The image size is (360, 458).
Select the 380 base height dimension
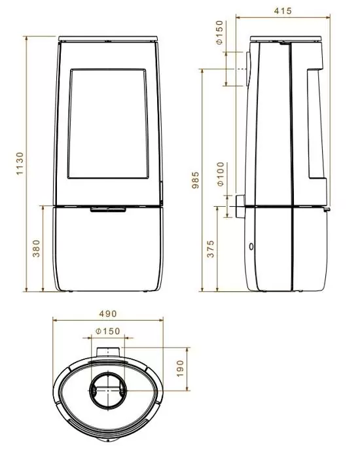click(36, 249)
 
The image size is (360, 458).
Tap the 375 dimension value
click(211, 249)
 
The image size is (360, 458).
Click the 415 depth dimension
click(283, 11)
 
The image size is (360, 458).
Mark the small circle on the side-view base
click(251, 247)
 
